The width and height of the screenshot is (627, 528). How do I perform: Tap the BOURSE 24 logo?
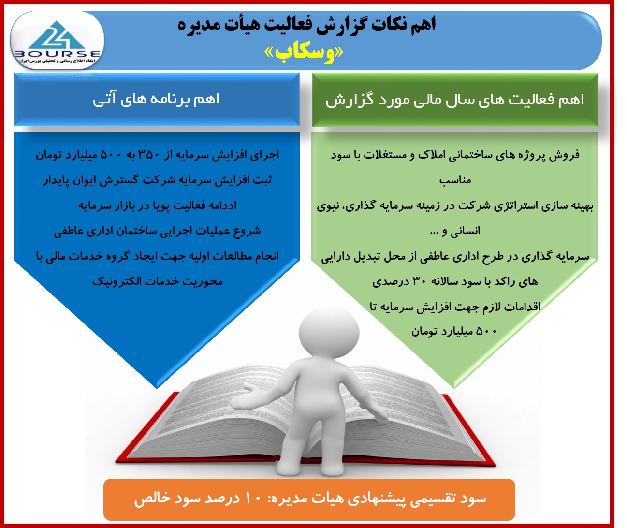58,41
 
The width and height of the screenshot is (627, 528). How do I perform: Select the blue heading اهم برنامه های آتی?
156,99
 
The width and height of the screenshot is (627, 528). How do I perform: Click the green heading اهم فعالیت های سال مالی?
454,100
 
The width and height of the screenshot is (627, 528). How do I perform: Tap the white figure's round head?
329,333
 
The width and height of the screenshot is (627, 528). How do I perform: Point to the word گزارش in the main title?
335,26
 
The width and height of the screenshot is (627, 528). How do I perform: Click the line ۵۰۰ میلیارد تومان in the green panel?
454,332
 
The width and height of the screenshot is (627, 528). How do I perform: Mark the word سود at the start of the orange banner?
473,499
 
